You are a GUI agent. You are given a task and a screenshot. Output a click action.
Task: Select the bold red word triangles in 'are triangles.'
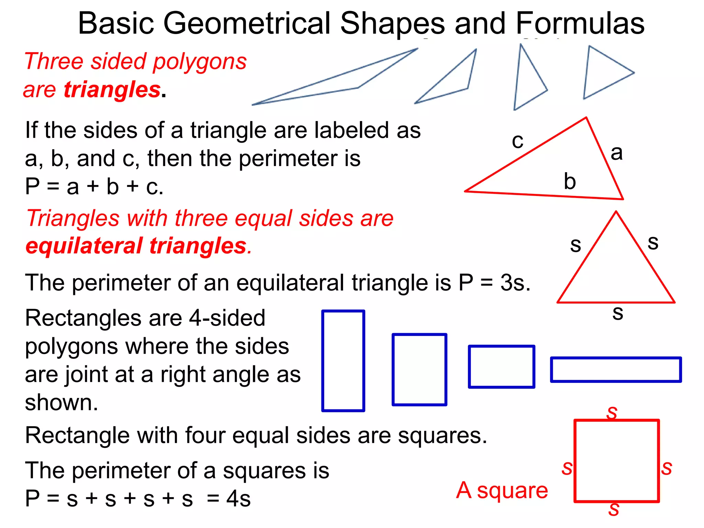(112, 90)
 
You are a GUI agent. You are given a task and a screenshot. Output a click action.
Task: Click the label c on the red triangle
(517, 141)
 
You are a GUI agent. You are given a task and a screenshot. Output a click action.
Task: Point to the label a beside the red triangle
(617, 153)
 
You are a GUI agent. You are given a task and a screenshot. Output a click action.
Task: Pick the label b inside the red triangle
(570, 181)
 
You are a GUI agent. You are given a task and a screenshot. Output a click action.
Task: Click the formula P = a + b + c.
(94, 187)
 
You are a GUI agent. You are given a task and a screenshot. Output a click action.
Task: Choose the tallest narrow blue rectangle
(343, 361)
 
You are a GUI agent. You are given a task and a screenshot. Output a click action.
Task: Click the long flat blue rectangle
(616, 370)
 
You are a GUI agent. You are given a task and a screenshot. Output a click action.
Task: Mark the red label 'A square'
(502, 491)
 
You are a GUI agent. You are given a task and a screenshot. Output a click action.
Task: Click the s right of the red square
(667, 468)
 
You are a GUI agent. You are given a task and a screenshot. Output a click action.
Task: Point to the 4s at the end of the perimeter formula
(238, 499)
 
